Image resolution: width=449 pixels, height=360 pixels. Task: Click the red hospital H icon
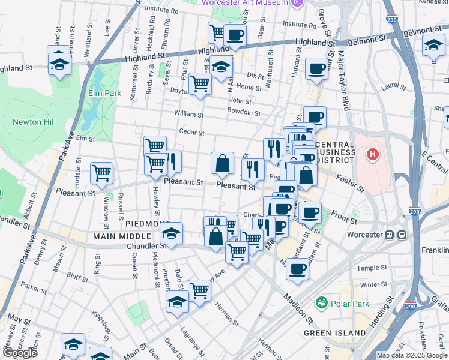click(x=373, y=155)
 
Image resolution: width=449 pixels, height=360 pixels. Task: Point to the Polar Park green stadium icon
click(x=322, y=303)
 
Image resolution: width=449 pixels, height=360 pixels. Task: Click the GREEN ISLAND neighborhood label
click(x=334, y=332)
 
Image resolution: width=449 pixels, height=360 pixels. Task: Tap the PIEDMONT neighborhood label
click(x=148, y=223)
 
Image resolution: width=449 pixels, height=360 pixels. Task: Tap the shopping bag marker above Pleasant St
click(x=222, y=163)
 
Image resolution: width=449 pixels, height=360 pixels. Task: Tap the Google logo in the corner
click(x=20, y=353)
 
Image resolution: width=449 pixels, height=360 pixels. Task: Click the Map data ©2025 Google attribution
click(x=412, y=355)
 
